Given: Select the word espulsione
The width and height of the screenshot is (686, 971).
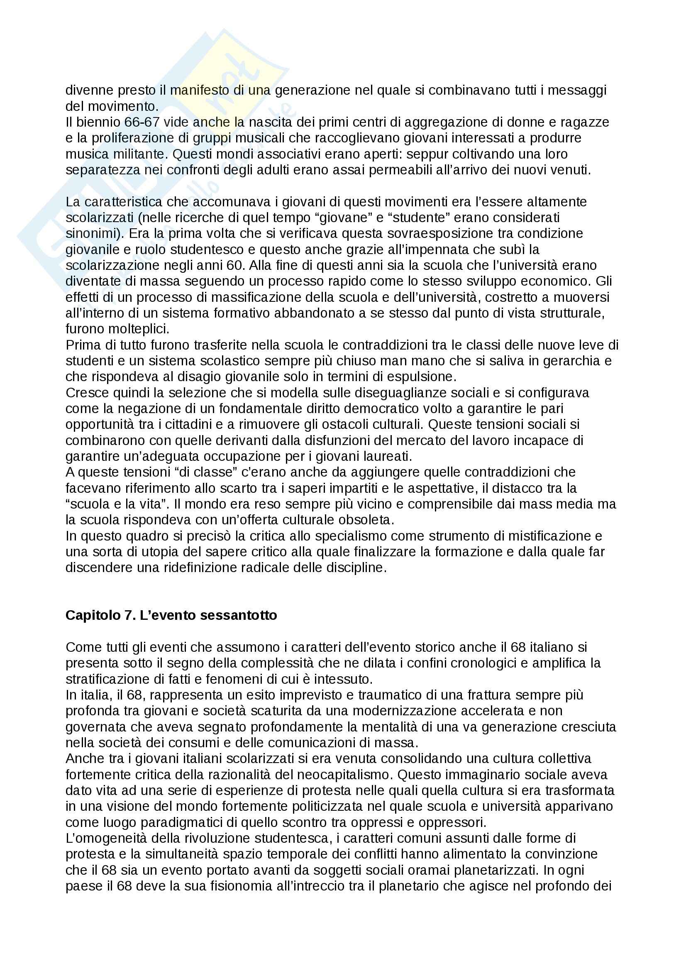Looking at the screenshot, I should coord(414,377).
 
